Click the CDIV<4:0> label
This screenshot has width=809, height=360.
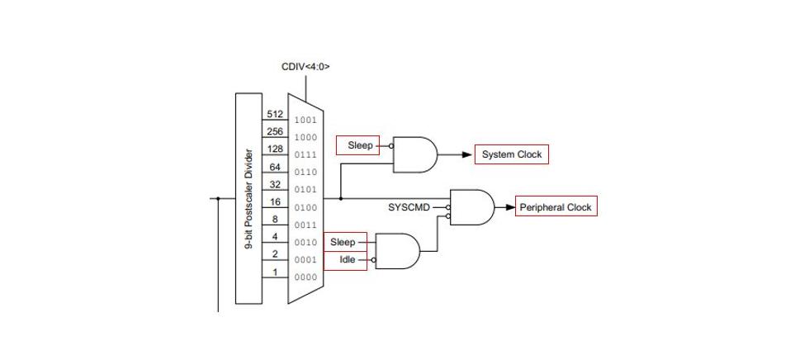(305, 67)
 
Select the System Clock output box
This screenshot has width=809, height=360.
(511, 154)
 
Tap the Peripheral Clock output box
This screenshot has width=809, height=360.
(556, 207)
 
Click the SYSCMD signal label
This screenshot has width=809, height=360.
(409, 207)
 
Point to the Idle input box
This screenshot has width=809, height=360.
(347, 259)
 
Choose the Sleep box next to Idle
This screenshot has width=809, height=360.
(343, 242)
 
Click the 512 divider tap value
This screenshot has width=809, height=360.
(275, 115)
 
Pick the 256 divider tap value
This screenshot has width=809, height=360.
(275, 132)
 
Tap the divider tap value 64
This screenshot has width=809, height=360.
(275, 168)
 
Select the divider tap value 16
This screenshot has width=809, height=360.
(275, 202)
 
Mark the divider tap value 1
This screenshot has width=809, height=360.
(275, 272)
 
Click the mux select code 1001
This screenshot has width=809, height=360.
(305, 121)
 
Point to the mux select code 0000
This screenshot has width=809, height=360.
(305, 277)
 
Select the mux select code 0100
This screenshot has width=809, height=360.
(305, 208)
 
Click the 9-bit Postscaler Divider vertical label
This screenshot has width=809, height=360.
(249, 199)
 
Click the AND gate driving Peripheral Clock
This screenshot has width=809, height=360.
(471, 207)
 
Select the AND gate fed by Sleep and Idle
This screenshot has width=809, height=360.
(397, 250)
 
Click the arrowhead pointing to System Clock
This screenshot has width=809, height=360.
(467, 154)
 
